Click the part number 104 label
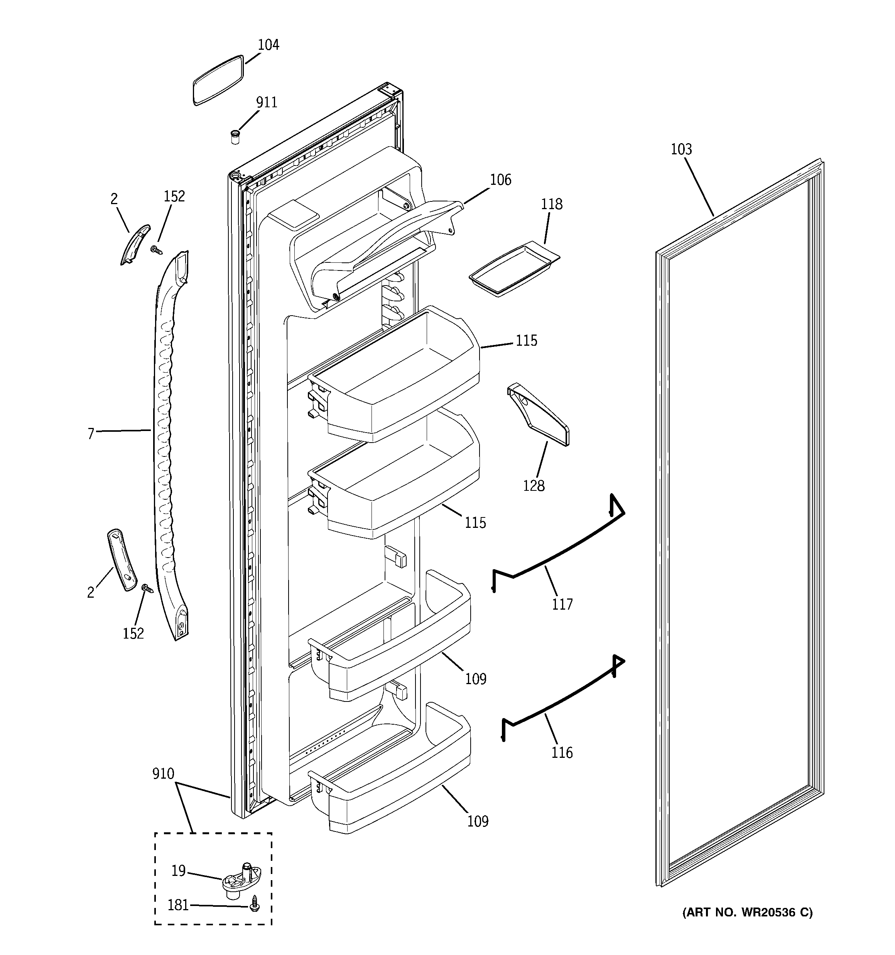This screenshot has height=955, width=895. coord(268,45)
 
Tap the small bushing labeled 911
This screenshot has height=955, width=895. coord(235,137)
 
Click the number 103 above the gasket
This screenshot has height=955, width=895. coord(681,149)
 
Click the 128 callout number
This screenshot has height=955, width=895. coord(534,486)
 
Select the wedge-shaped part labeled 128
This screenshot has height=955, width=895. coord(538,414)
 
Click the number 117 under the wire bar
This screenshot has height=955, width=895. coord(562,604)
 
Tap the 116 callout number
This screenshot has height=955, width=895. coord(562,752)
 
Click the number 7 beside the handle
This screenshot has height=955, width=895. coord(91,434)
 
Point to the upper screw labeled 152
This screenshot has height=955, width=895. coord(155,249)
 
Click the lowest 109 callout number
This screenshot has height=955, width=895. coord(478,821)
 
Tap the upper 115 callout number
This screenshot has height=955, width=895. coord(526,341)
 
